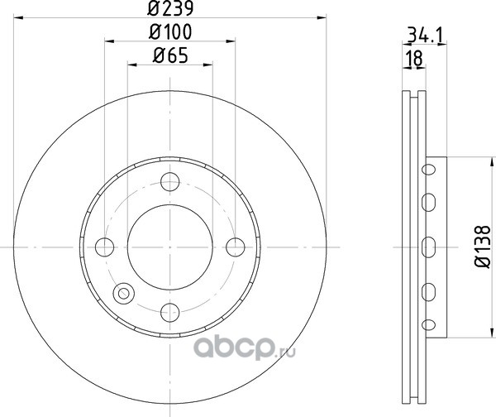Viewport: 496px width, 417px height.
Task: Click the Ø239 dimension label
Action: (170, 8)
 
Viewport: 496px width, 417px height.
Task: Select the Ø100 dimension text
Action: (170, 32)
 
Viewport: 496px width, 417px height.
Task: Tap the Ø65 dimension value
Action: (170, 55)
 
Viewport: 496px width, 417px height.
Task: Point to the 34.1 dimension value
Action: (426, 35)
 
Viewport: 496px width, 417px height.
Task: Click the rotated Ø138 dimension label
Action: (483, 247)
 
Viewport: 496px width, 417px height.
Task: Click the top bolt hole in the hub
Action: (170, 182)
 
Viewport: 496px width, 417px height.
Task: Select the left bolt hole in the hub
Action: (104, 247)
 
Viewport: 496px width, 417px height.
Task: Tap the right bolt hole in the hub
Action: (236, 247)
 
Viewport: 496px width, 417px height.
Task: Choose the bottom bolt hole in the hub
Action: (170, 313)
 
